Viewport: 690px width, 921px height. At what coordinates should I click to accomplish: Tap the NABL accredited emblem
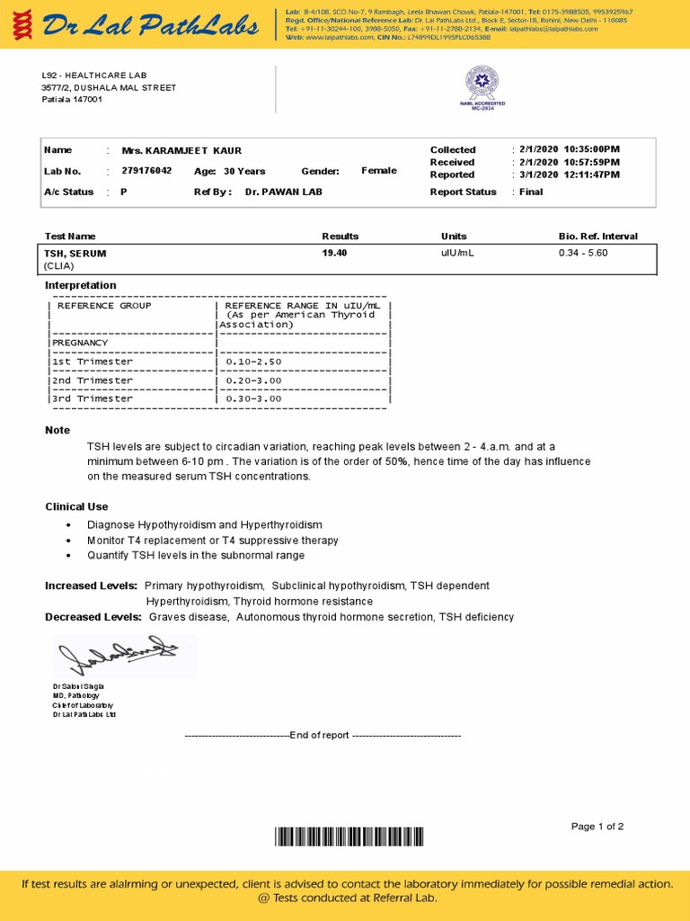484,86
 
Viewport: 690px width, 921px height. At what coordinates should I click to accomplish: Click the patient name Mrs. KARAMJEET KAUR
181,150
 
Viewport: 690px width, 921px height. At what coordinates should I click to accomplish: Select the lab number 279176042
146,171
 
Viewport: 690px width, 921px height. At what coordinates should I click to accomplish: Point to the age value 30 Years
244,171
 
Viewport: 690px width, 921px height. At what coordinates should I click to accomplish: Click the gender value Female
378,171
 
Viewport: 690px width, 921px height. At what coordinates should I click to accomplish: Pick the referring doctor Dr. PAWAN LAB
283,192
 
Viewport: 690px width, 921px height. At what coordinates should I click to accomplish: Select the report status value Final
531,192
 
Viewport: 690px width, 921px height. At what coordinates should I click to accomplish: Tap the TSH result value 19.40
334,253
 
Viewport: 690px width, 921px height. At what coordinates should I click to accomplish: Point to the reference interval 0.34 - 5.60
583,253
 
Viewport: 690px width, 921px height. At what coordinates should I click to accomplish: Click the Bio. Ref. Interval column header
597,236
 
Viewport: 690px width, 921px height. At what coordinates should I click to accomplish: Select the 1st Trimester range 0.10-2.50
254,362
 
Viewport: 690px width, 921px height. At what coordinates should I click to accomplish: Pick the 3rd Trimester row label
93,398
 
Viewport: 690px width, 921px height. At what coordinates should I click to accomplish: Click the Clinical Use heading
76,507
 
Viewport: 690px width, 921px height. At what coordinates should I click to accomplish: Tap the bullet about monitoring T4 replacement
213,541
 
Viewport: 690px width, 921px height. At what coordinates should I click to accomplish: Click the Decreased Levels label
93,617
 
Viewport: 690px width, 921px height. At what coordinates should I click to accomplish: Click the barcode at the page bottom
348,837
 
